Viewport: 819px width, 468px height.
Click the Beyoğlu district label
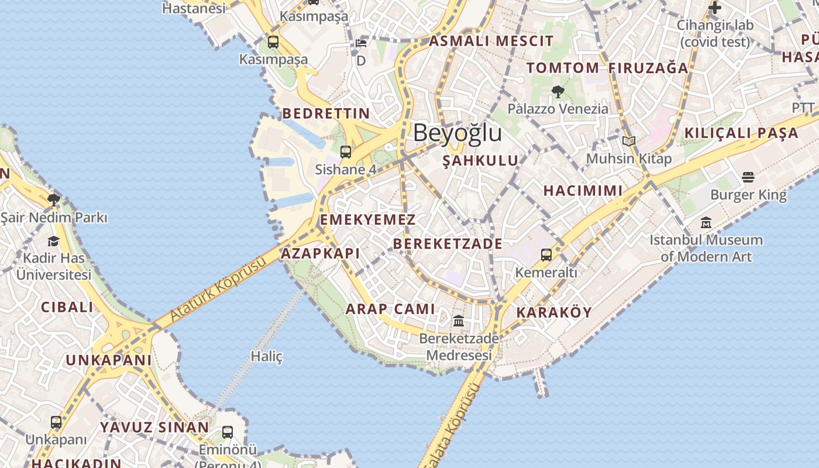click(457, 133)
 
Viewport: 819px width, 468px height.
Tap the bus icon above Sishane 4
click(346, 152)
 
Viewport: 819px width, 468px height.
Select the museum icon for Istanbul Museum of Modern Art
click(706, 223)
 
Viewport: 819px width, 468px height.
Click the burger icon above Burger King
click(748, 177)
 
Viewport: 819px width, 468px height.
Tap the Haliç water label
click(267, 356)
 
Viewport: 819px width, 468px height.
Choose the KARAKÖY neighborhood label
click(554, 312)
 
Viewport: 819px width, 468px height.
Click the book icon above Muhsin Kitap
click(629, 141)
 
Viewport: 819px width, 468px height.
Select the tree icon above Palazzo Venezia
click(558, 91)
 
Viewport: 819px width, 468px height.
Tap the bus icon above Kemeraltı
click(546, 255)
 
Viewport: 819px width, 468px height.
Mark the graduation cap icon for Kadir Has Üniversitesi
click(53, 241)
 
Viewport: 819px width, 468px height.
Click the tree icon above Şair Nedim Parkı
click(54, 200)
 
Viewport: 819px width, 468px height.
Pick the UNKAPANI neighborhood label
click(108, 360)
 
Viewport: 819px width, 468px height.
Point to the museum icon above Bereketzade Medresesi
click(459, 321)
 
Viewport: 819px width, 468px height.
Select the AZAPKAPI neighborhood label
click(320, 253)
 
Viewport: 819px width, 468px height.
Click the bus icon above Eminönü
click(228, 432)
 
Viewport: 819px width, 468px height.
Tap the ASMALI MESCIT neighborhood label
click(491, 41)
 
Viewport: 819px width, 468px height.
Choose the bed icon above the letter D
click(361, 43)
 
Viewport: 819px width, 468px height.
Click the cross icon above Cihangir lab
click(714, 8)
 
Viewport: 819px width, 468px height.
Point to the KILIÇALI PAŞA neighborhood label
click(741, 133)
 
